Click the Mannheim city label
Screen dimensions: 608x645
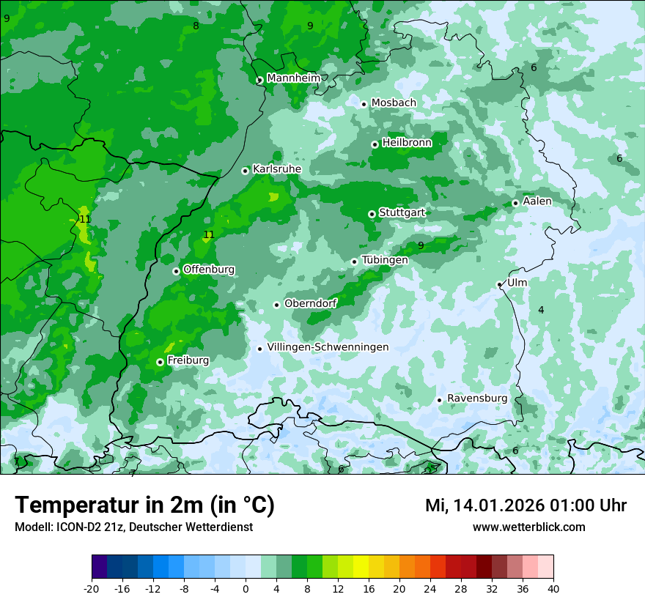pos(293,78)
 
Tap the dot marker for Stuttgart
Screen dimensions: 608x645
pos(372,214)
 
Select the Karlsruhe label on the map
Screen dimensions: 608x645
pos(276,169)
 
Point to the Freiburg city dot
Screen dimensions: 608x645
pos(160,362)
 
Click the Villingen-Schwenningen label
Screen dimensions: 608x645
pos(328,347)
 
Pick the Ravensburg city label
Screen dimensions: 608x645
pos(476,398)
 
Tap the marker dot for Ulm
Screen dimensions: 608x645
pos(499,284)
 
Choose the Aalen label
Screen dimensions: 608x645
pos(537,201)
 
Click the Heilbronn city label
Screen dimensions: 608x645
pos(407,142)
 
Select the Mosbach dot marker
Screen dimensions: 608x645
pos(364,104)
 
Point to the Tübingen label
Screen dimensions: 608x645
pos(384,260)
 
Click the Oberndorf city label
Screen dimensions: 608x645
pos(310,303)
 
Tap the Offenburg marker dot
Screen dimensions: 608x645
pos(176,271)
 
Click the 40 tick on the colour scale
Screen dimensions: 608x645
pos(553,588)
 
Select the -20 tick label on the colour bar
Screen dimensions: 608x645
pos(92,588)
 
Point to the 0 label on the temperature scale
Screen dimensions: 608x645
pos(246,588)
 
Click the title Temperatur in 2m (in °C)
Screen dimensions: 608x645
pos(144,505)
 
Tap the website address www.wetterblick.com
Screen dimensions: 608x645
pos(528,527)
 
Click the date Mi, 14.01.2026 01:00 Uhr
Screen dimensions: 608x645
pos(526,505)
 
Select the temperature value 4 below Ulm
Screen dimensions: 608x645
pos(541,310)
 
